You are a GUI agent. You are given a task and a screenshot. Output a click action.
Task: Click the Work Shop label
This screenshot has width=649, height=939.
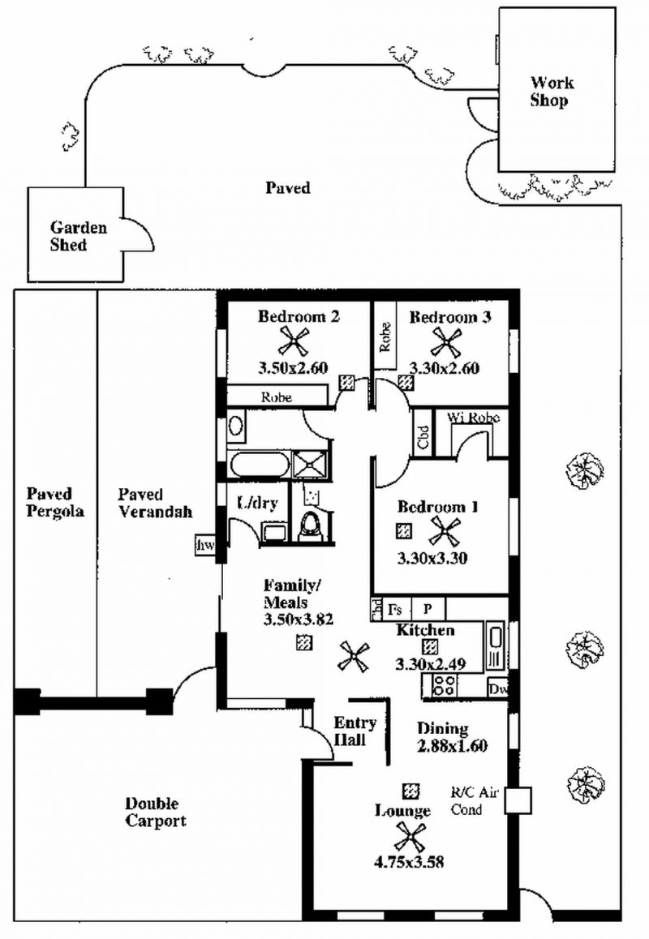552,92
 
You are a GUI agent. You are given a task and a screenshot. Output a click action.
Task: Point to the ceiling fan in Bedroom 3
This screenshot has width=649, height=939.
445,342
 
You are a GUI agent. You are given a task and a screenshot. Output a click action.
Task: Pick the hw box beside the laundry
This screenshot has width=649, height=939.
205,546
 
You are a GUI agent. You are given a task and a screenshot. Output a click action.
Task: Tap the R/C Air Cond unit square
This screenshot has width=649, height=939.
517,800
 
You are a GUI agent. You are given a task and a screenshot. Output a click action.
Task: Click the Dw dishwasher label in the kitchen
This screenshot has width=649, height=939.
497,688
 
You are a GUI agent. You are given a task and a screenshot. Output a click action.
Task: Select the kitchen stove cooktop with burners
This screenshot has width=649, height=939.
443,686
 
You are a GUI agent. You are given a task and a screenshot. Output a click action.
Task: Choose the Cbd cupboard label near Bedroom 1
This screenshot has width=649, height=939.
423,437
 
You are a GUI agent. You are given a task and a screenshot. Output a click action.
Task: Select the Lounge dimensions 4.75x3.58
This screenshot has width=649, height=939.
409,862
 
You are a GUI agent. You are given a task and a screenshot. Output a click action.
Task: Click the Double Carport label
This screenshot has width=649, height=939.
155,812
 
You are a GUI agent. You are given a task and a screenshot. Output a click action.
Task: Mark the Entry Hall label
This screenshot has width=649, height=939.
355,731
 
